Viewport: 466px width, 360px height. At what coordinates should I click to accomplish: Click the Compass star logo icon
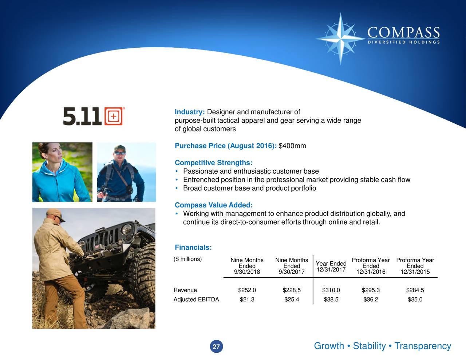[341, 38]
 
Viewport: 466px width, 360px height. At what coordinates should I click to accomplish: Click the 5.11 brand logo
[93, 116]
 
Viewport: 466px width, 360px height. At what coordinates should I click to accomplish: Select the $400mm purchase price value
[292, 146]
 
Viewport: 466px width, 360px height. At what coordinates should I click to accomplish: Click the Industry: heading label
[190, 112]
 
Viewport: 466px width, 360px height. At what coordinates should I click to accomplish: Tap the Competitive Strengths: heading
[213, 163]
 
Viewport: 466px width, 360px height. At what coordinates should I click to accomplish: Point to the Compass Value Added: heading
[213, 205]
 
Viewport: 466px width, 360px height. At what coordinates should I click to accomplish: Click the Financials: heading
[193, 248]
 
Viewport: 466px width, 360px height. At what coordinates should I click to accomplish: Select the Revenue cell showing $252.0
[247, 290]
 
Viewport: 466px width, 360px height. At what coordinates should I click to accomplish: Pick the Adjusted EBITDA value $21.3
[247, 300]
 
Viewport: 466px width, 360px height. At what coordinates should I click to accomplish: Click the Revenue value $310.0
[331, 290]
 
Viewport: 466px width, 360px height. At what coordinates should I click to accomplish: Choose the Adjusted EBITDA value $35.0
[415, 300]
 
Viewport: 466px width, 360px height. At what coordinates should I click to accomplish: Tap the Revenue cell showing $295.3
[371, 290]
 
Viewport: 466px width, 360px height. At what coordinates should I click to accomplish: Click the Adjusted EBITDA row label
[196, 300]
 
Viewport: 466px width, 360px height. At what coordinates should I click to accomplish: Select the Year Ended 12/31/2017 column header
[331, 266]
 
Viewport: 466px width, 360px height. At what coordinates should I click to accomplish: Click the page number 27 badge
[216, 347]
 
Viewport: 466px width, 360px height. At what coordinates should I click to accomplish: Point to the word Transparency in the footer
[423, 346]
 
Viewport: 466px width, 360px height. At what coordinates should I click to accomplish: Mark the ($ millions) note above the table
[187, 259]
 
